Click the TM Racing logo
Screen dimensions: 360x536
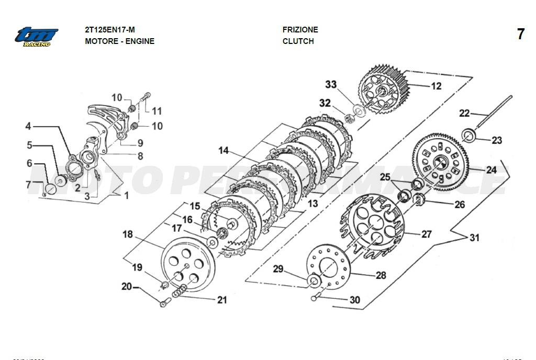[36, 37]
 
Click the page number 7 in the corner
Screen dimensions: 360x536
[520, 35]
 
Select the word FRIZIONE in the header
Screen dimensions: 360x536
[300, 30]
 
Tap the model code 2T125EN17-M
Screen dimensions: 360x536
[113, 30]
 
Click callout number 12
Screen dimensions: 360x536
[435, 86]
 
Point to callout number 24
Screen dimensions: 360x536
[491, 170]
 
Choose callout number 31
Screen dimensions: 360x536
[474, 238]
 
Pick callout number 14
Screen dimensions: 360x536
[224, 151]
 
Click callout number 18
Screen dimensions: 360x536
[128, 234]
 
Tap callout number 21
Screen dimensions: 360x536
[222, 300]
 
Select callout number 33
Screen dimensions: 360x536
[331, 85]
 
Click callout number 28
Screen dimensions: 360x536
[380, 275]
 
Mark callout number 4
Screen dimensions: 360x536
[28, 126]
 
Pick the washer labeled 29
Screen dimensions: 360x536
[315, 281]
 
